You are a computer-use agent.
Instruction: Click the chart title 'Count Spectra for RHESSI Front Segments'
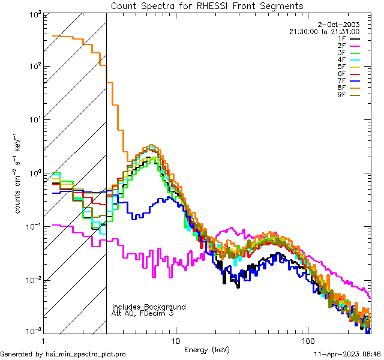tap(207, 6)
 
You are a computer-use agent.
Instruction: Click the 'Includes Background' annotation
tap(149, 307)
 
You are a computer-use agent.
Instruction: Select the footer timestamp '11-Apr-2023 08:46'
tap(347, 355)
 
